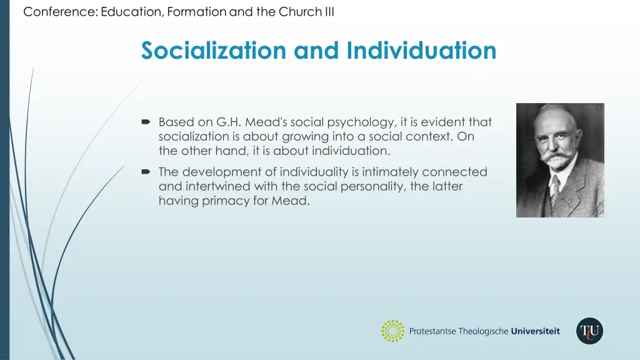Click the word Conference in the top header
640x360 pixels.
[59, 12]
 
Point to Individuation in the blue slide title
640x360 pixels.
[422, 50]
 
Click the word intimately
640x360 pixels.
[387, 171]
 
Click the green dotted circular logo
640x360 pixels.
[393, 331]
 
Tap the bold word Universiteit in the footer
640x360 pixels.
[535, 331]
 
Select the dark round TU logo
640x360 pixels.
[589, 331]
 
